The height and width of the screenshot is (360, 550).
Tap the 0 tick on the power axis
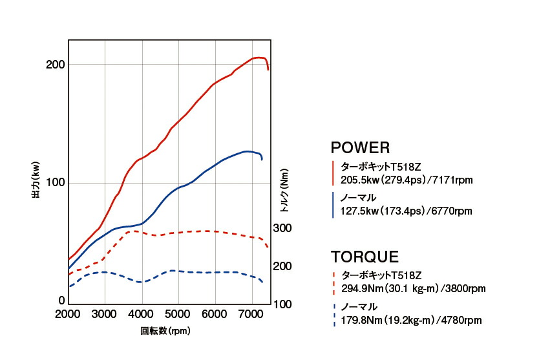[x=62, y=301]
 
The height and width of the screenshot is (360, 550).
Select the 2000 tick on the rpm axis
[x=68, y=314]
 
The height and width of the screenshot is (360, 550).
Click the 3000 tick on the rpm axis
[x=105, y=314]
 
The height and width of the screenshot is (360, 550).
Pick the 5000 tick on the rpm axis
[x=178, y=314]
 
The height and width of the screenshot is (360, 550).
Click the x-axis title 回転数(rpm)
[x=165, y=331]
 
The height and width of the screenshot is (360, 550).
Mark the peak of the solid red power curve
[x=259, y=58]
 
